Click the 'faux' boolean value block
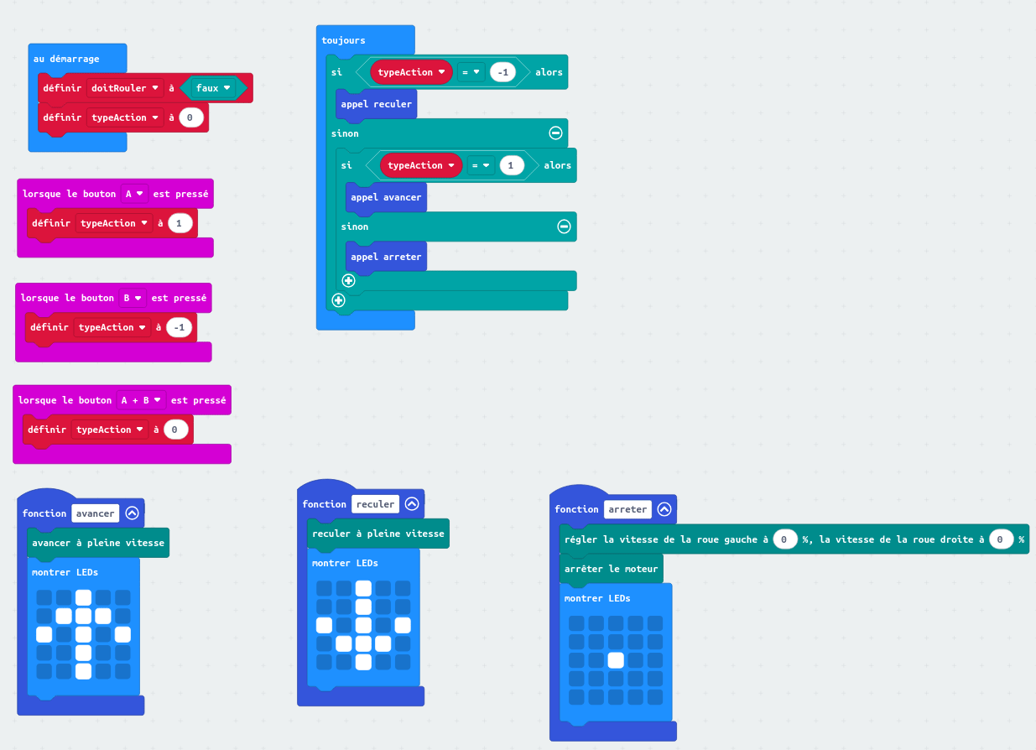coord(212,88)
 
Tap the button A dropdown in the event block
coord(134,194)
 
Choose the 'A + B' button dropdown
coord(140,400)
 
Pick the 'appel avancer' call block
coord(386,197)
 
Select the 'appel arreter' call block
coord(386,257)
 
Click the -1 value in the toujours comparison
coord(503,72)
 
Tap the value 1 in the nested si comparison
coord(513,165)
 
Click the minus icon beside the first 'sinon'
coord(555,133)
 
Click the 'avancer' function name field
coord(95,513)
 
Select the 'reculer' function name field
coord(375,504)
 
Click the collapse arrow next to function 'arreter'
coord(664,509)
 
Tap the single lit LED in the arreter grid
coord(616,660)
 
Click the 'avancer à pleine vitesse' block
coord(98,543)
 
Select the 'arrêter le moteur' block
coord(611,569)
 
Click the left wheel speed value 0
coord(784,539)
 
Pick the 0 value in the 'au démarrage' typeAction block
coord(190,117)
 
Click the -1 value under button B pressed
coord(177,327)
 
